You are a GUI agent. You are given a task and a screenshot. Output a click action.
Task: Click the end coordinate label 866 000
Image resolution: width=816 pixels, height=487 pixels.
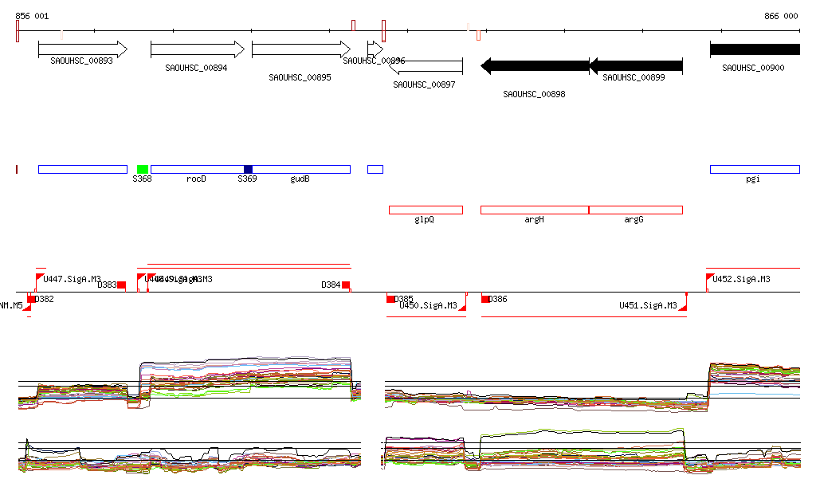(x=780, y=16)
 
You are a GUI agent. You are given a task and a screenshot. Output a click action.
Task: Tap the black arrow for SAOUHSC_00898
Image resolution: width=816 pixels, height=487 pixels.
(x=535, y=66)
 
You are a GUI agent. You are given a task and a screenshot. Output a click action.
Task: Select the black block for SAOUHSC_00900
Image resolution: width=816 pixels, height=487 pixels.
(x=754, y=49)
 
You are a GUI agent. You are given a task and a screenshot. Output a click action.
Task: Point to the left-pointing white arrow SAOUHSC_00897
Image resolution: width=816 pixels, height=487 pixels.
(x=426, y=66)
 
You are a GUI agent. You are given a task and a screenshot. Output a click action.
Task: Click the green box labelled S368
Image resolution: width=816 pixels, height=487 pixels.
(x=143, y=169)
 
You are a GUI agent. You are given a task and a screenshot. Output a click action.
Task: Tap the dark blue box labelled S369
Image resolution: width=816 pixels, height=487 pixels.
(x=248, y=169)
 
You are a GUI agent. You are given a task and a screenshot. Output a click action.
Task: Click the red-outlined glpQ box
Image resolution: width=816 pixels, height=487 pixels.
(x=426, y=210)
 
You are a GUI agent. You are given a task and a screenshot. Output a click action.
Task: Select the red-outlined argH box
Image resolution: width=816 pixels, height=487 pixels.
(x=535, y=210)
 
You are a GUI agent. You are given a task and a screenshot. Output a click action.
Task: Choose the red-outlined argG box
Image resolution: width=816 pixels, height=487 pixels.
(x=636, y=210)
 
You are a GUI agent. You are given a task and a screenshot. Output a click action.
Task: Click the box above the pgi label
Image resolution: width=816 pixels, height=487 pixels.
(x=754, y=169)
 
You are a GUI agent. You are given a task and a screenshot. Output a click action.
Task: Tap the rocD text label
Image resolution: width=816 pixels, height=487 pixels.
(x=196, y=179)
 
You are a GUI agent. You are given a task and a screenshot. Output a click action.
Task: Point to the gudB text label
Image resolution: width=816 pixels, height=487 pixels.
(x=300, y=179)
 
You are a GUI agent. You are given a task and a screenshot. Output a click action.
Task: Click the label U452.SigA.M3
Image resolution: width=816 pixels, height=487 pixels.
(x=741, y=279)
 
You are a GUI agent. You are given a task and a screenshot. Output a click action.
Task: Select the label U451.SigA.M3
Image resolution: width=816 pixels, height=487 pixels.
(x=648, y=305)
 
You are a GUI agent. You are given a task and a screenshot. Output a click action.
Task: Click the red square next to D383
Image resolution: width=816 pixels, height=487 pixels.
(x=122, y=285)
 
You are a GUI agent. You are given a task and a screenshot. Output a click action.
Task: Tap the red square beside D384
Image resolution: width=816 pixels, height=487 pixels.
(x=346, y=285)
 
